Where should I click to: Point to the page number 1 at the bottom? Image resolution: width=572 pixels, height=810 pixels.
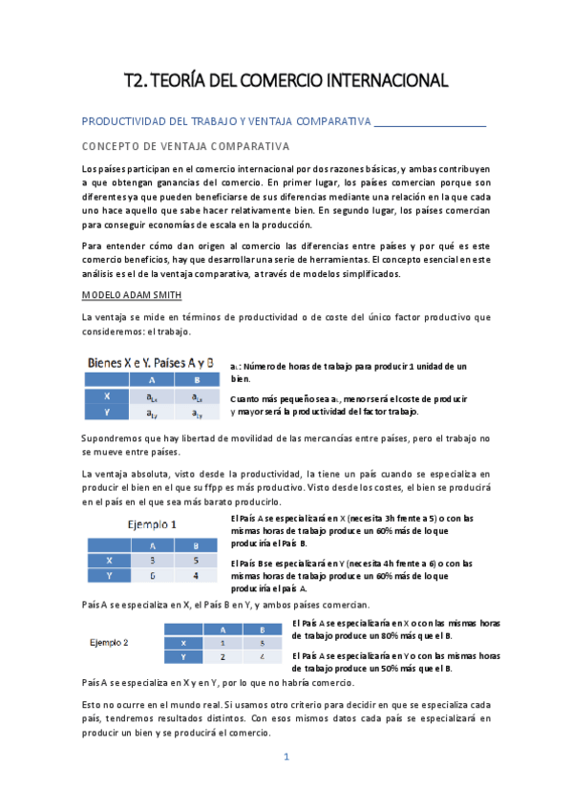coord(285,757)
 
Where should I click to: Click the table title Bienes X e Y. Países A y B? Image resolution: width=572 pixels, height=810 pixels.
coord(150,364)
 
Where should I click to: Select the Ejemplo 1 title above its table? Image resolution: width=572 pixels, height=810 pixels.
coord(159,523)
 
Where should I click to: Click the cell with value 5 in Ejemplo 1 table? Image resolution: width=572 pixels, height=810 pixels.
coord(195,560)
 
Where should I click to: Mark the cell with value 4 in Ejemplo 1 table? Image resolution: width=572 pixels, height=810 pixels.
coord(195,576)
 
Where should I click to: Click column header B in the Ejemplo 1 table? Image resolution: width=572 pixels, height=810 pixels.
coord(195,544)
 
